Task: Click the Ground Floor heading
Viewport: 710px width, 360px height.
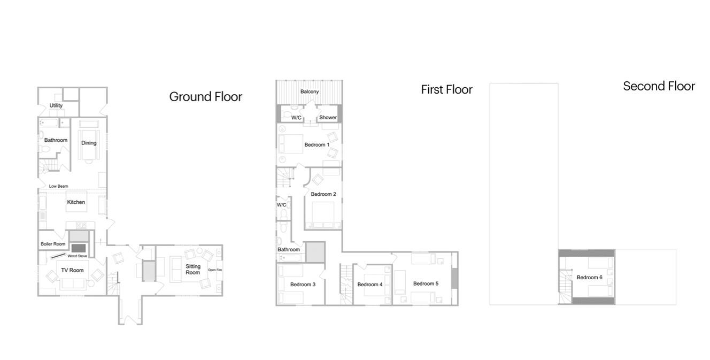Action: (206, 97)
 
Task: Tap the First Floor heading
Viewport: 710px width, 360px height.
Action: (446, 90)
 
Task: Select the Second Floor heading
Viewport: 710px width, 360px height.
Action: (659, 86)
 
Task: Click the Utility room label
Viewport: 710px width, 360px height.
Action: (56, 105)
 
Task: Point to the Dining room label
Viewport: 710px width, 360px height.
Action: (89, 143)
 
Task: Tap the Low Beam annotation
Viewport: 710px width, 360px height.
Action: (59, 186)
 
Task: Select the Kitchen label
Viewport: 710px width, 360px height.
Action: (76, 202)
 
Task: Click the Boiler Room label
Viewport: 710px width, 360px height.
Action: (53, 244)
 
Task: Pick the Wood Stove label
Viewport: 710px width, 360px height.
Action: (77, 256)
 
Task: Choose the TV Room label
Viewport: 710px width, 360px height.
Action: (72, 270)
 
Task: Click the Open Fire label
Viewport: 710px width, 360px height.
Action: (215, 270)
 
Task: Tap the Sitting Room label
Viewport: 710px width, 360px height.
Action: (192, 269)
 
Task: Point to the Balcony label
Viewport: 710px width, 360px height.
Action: (310, 91)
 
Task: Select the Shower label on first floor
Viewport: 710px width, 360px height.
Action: (328, 117)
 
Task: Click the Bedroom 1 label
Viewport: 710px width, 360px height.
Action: (317, 144)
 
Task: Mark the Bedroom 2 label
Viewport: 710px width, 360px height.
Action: (323, 194)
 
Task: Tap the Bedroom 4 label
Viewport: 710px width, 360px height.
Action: (370, 285)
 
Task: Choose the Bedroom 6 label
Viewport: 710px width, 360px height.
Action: (590, 278)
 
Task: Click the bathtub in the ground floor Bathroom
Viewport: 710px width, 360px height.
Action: (49, 122)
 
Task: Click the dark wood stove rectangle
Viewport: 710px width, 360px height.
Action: (79, 248)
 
